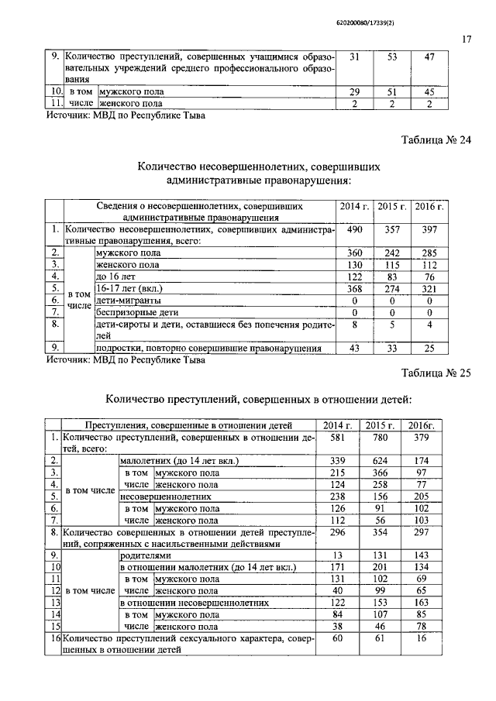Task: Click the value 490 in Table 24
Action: click(x=354, y=230)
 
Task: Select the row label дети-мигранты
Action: click(x=129, y=300)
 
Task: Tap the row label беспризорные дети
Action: click(x=136, y=312)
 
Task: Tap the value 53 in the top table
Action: click(x=391, y=58)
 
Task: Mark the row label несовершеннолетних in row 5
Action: click(x=166, y=496)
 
